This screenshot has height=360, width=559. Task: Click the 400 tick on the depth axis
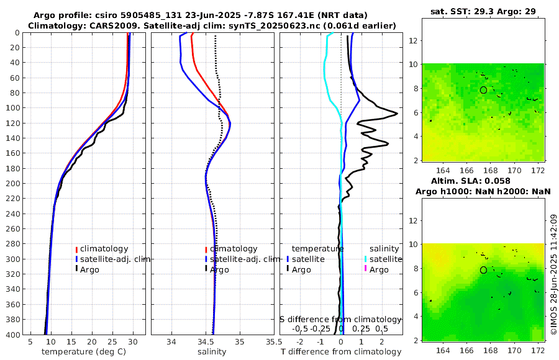coord(14,335)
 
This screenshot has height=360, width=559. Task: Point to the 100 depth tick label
coord(12,107)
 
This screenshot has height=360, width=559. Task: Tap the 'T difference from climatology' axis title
coord(340,352)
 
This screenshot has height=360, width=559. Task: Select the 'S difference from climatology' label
coord(341,318)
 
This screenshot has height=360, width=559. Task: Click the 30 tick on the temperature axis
coord(133,342)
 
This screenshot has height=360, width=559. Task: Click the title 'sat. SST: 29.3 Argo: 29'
coord(483,11)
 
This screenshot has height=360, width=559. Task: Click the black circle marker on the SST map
coord(483,90)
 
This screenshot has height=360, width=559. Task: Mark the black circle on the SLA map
coord(483,270)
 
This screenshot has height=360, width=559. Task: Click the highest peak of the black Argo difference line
coord(397,114)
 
